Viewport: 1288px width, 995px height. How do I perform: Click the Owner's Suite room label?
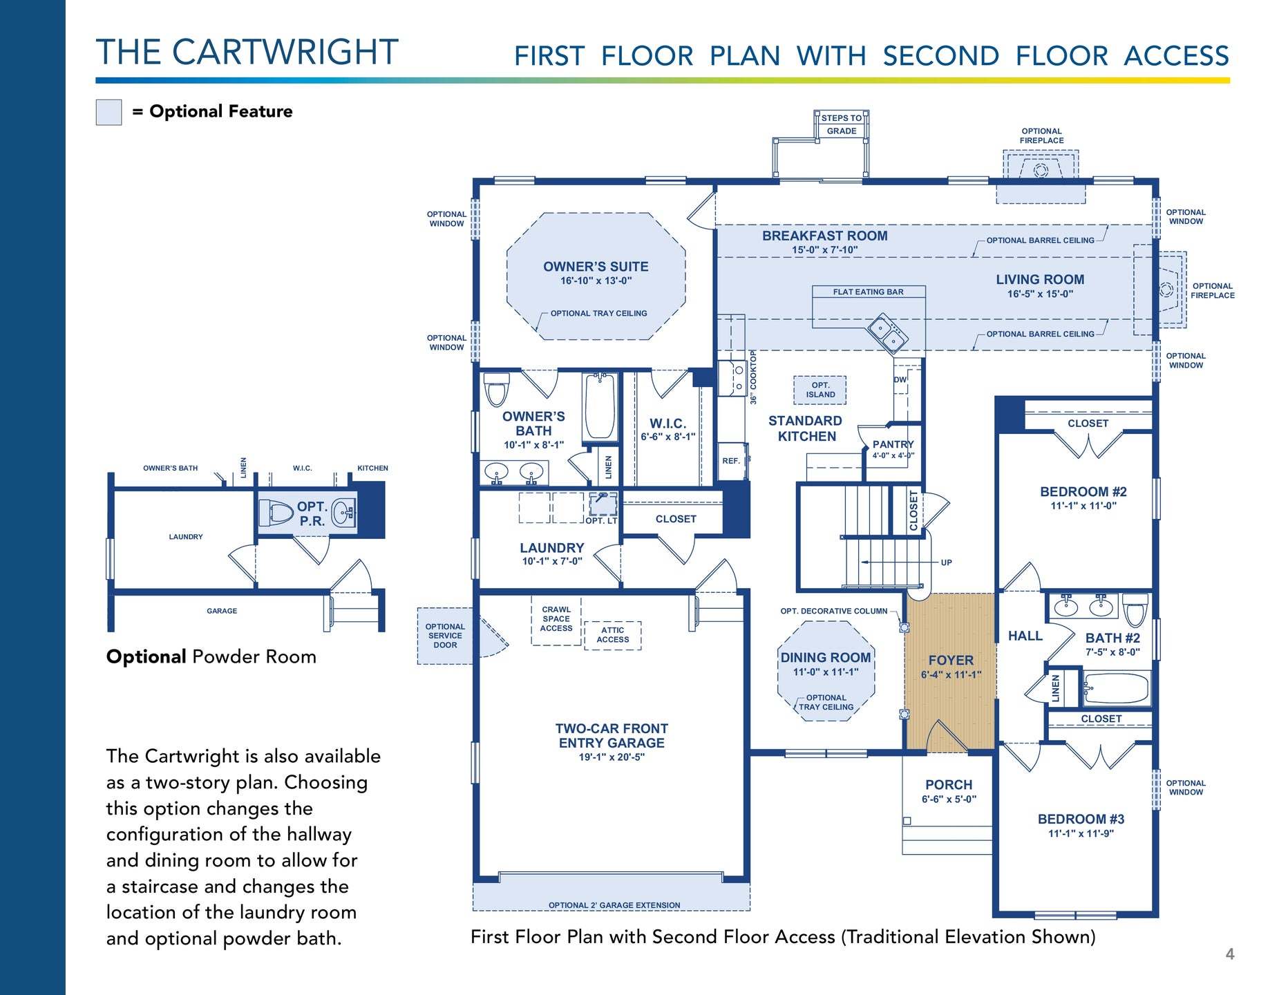(x=596, y=267)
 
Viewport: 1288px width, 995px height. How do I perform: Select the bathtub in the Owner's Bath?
(x=600, y=407)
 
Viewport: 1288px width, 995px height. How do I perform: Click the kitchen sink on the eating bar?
(x=888, y=333)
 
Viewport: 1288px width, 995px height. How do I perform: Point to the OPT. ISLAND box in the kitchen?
(x=820, y=390)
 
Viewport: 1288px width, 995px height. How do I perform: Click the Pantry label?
(x=893, y=444)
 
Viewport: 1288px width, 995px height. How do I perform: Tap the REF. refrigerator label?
(x=731, y=461)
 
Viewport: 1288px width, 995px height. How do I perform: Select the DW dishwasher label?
(x=900, y=379)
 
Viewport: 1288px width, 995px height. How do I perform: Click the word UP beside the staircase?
(x=946, y=562)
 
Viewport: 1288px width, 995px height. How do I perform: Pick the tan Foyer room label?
(x=951, y=661)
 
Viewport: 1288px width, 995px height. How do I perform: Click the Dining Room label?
(x=826, y=658)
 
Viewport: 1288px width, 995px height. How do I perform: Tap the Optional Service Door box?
(x=445, y=636)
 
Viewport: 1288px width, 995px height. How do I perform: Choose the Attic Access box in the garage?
(x=612, y=635)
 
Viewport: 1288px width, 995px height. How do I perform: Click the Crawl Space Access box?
(x=556, y=620)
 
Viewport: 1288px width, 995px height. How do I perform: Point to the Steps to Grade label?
(x=842, y=124)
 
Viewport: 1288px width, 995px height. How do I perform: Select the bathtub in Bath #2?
(x=1115, y=688)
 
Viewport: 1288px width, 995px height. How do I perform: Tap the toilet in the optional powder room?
(x=276, y=513)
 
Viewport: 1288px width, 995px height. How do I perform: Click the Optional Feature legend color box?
(x=108, y=112)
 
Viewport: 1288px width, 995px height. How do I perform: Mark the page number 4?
(x=1230, y=954)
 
